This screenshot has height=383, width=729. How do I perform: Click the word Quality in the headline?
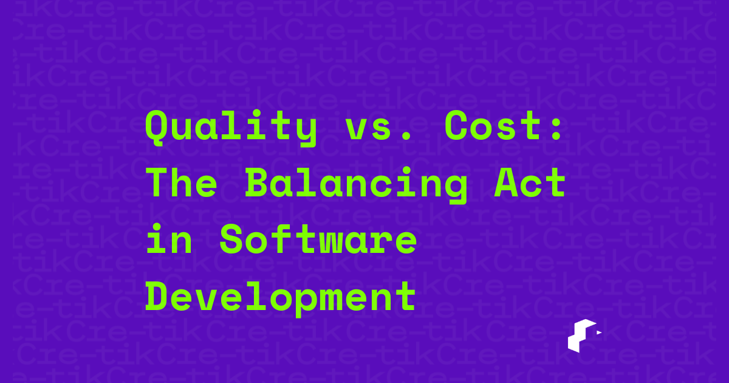(x=231, y=128)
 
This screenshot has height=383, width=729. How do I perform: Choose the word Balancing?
(x=357, y=186)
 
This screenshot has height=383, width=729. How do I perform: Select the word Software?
(x=318, y=240)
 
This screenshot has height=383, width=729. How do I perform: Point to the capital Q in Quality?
(x=157, y=128)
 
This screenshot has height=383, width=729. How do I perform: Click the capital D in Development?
(x=157, y=296)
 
